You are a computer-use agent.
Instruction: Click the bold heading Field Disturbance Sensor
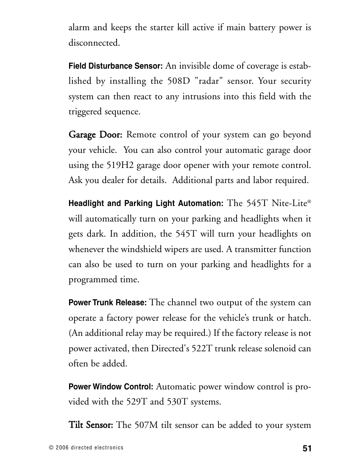(115, 66)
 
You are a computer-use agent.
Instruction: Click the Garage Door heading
(95, 135)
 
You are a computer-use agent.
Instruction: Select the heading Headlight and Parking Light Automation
(146, 204)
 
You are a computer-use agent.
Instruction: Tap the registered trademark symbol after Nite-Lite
(309, 201)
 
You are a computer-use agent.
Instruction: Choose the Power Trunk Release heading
(108, 303)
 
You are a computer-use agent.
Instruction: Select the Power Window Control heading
(111, 387)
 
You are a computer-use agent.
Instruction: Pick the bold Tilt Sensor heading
(91, 425)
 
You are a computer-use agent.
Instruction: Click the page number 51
(306, 448)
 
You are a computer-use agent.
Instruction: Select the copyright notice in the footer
(86, 448)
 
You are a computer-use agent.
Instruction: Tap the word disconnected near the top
(94, 43)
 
